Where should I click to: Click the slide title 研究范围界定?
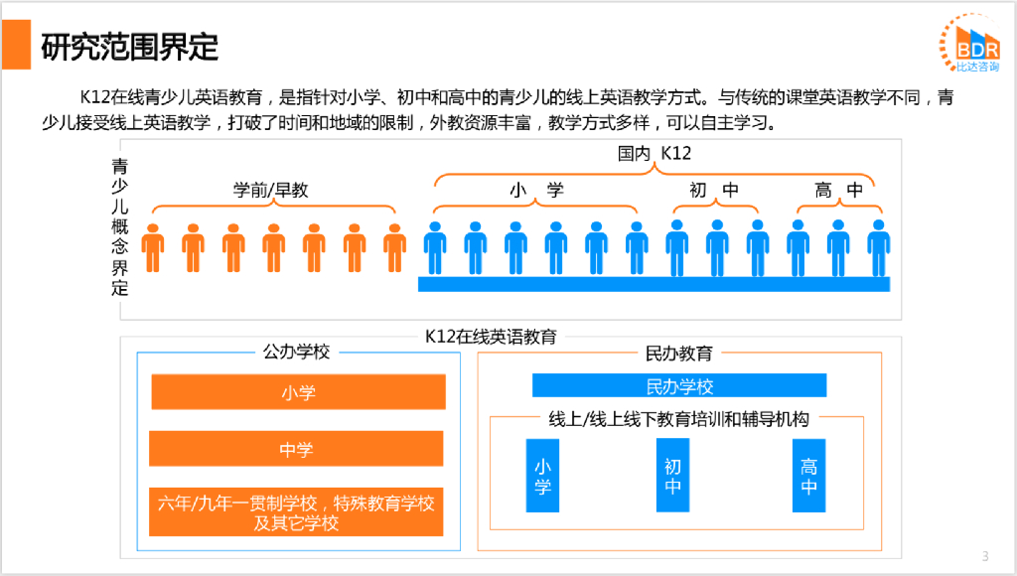click(x=130, y=46)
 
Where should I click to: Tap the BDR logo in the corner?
click(x=968, y=46)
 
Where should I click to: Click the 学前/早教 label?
click(x=271, y=190)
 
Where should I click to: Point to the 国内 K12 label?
click(x=654, y=153)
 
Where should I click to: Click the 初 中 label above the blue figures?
click(x=714, y=190)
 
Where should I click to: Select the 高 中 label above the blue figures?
click(x=838, y=190)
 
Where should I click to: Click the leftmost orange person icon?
click(x=153, y=247)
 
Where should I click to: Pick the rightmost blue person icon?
click(x=878, y=247)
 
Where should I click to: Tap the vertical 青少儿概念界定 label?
click(x=120, y=227)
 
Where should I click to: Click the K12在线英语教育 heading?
click(x=491, y=336)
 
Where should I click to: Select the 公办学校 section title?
click(x=296, y=353)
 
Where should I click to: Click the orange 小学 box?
click(x=298, y=392)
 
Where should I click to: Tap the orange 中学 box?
click(x=296, y=449)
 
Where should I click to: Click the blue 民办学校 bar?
click(x=679, y=385)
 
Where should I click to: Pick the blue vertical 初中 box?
click(x=673, y=476)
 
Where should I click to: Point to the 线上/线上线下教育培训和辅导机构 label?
click(x=679, y=419)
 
